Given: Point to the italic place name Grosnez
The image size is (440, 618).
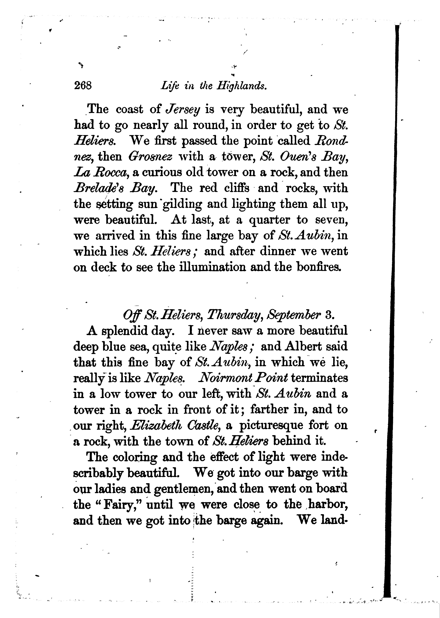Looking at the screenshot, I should click(x=150, y=156).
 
